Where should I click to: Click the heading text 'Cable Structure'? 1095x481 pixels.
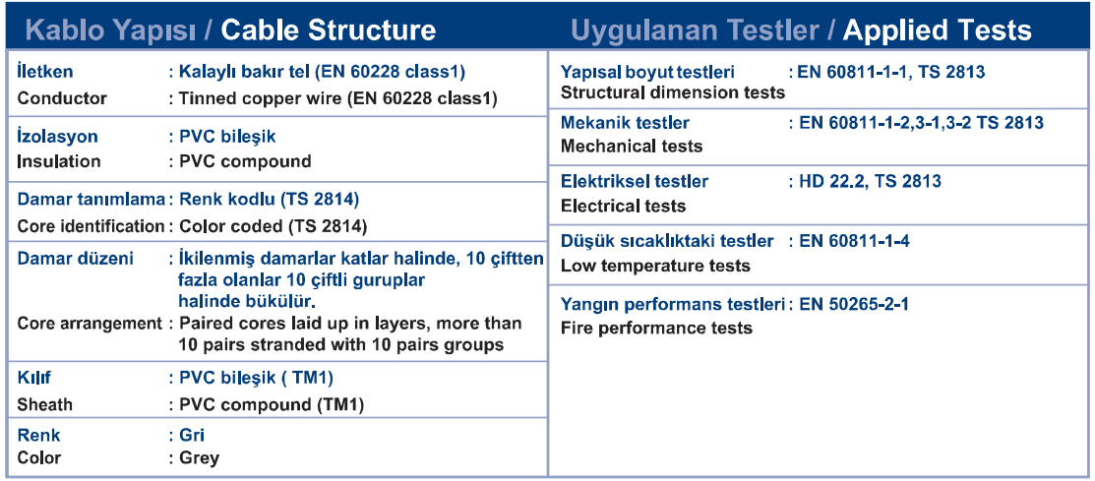tap(329, 30)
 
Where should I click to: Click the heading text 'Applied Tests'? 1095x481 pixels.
tap(938, 30)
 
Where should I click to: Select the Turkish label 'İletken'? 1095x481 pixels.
tap(44, 71)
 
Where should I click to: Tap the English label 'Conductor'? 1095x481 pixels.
tap(62, 97)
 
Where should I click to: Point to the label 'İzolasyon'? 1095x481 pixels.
tap(57, 136)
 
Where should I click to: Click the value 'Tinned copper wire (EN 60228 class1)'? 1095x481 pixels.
tap(338, 97)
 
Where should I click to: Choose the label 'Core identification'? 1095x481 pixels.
tap(91, 226)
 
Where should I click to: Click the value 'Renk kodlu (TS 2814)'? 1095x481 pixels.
tap(269, 201)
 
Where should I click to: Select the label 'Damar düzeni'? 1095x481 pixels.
tap(75, 259)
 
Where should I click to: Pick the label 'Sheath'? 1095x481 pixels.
tap(44, 405)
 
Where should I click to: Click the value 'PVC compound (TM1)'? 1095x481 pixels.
tap(272, 405)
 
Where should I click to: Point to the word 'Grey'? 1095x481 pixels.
tap(199, 458)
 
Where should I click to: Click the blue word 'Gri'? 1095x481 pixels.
tap(192, 436)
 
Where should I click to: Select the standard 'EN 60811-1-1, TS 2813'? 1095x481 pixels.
tap(891, 71)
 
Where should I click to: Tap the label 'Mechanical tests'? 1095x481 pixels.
tap(632, 147)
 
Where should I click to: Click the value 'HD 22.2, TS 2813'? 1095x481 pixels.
tap(870, 182)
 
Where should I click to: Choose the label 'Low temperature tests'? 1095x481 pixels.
tap(656, 266)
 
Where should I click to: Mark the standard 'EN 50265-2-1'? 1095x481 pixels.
tap(853, 304)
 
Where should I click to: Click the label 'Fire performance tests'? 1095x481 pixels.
tap(656, 329)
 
